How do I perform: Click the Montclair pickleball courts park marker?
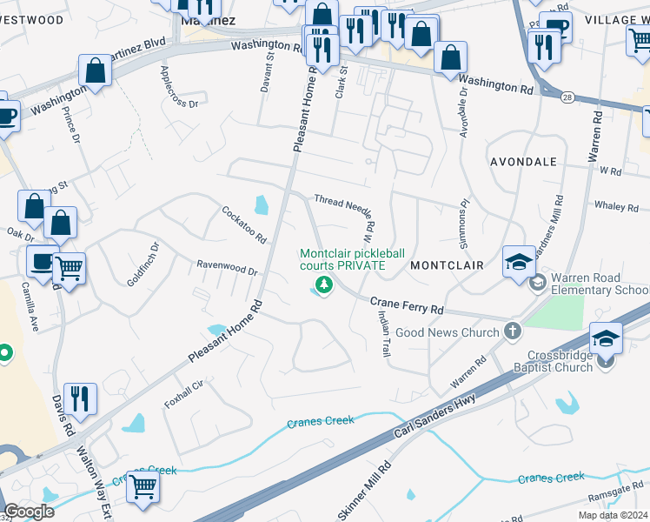pos(324,284)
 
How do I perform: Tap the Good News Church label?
pos(447,331)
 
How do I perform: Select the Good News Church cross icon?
pos(513,331)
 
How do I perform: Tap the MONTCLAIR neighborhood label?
pos(447,264)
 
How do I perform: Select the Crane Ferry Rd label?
pos(407,305)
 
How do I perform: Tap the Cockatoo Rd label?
pos(243,224)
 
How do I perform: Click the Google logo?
pos(29,512)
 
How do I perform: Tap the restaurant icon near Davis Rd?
pos(80,399)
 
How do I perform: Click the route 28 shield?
pos(566,97)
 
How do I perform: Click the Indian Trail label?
pos(383,335)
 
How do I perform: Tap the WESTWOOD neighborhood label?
pos(32,19)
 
